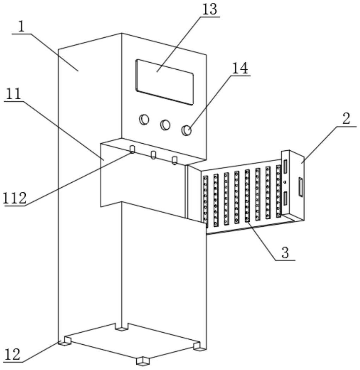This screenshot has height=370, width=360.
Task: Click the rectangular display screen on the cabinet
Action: click(165, 82)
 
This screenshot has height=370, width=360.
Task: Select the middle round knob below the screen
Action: click(165, 125)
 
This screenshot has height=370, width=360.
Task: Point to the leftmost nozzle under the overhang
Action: click(132, 150)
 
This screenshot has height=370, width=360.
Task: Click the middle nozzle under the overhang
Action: click(154, 155)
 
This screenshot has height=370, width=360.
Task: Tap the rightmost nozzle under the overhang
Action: click(174, 160)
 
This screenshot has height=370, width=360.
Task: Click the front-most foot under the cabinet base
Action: click(143, 360)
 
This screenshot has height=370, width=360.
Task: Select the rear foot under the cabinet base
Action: click(122, 328)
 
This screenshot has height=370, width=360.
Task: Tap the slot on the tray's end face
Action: click(301, 187)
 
